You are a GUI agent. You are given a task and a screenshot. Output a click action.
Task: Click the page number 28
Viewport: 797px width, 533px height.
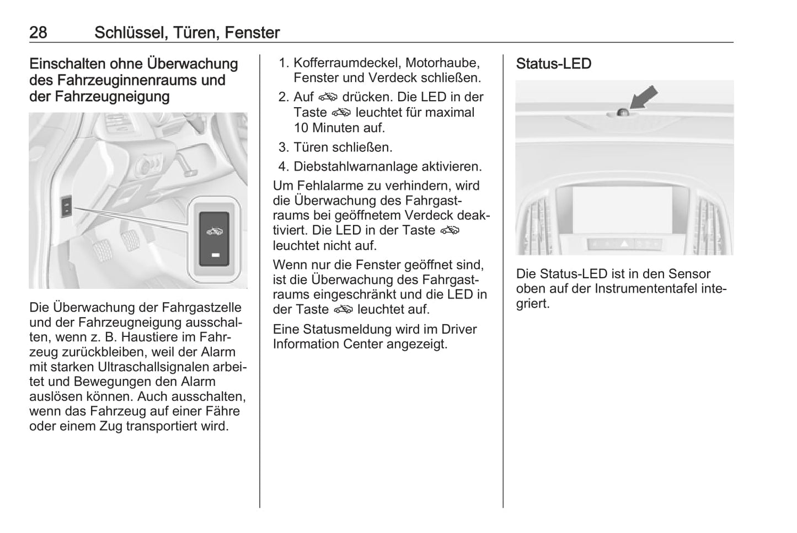(38, 33)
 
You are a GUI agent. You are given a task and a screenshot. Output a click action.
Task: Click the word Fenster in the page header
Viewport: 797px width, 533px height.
(252, 33)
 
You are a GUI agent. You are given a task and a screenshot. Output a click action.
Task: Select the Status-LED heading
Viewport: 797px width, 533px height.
(553, 64)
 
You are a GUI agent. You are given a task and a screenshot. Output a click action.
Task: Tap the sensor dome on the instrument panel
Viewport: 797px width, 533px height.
(623, 112)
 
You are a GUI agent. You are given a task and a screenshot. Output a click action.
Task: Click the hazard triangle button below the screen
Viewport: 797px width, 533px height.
(624, 243)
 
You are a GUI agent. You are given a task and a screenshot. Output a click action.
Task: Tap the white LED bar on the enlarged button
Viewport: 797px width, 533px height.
(214, 255)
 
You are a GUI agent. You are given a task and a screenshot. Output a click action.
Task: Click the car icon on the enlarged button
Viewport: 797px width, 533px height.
(214, 231)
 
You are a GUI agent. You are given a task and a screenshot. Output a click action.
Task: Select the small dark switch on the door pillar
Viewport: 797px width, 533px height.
(66, 207)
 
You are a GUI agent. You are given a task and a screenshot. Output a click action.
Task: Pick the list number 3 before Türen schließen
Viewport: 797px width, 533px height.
(284, 147)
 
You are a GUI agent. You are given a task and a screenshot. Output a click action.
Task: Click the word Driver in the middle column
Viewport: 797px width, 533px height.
(459, 329)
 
